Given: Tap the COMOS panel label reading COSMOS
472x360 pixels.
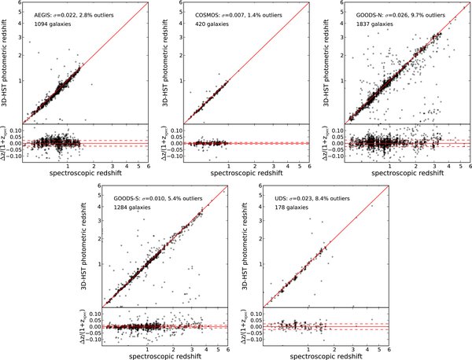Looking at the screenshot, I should pos(206,14).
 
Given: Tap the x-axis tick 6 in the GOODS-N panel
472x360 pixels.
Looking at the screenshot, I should pos(469,166).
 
